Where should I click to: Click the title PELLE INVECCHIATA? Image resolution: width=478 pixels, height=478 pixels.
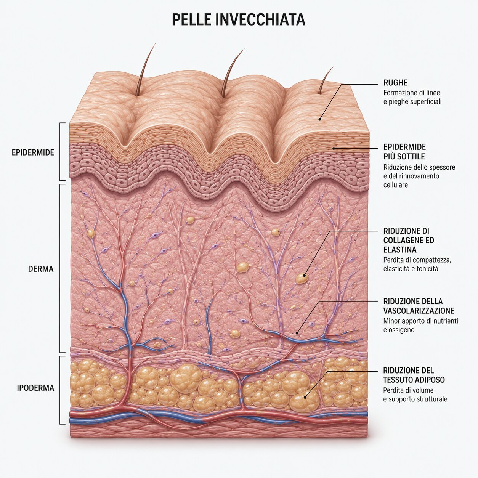(x=238, y=19)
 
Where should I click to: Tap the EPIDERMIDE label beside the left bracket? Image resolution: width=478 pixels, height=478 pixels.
(x=33, y=152)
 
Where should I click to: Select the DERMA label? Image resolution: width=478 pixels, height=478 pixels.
(x=41, y=269)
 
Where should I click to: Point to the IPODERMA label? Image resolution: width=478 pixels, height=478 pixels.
(x=35, y=388)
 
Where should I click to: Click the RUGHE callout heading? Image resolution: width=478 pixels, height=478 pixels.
(x=395, y=83)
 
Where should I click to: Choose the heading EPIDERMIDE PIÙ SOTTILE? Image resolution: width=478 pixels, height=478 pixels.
(x=404, y=152)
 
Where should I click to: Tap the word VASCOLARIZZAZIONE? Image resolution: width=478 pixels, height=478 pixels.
(x=419, y=311)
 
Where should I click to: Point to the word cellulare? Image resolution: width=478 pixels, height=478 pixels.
(x=396, y=185)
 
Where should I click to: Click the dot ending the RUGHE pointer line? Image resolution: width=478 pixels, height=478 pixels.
(x=320, y=119)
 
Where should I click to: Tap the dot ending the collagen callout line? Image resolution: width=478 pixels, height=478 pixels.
(x=305, y=275)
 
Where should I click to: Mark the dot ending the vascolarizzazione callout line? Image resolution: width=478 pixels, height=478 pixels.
(x=297, y=333)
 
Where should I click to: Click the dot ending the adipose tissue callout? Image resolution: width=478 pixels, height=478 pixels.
(x=305, y=397)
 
